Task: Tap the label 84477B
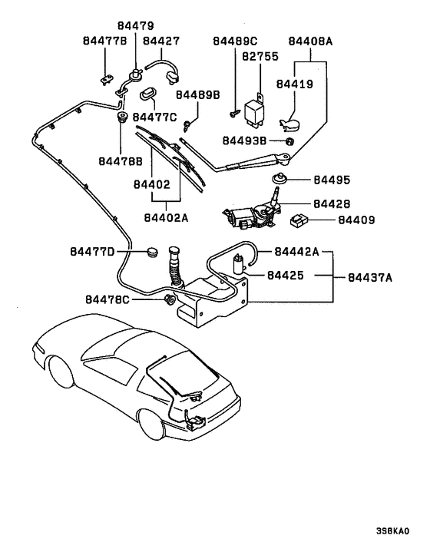click(x=102, y=41)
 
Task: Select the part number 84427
click(x=161, y=41)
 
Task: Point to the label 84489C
click(x=236, y=41)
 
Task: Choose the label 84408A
click(x=310, y=41)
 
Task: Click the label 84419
click(x=295, y=84)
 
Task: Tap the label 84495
click(x=332, y=180)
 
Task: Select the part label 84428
click(x=332, y=204)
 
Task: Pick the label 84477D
click(x=93, y=251)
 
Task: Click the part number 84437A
click(x=369, y=278)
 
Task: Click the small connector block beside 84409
click(x=299, y=220)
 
